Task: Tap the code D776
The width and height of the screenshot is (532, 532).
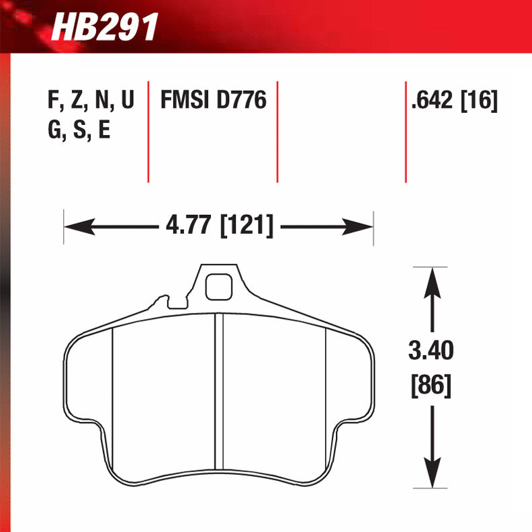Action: (x=241, y=101)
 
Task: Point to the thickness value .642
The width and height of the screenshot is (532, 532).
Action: (x=433, y=101)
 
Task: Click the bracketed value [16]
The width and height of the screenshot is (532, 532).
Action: (x=479, y=101)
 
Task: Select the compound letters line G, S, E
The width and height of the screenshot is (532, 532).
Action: (x=79, y=129)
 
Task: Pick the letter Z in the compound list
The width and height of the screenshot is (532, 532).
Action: (x=76, y=101)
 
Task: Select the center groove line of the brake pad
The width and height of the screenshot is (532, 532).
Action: (x=218, y=393)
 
